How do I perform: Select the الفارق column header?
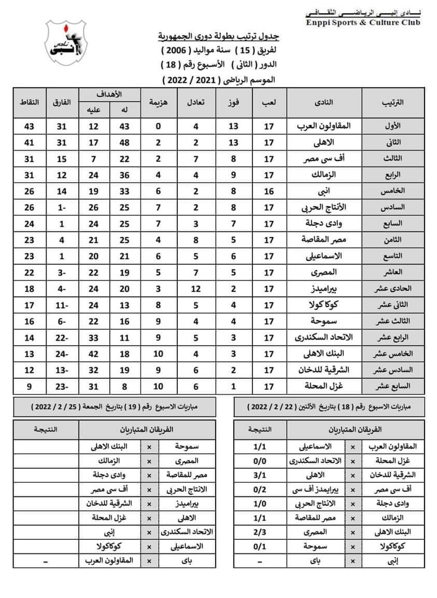tap(62, 102)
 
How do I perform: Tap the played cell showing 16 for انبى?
tap(269, 191)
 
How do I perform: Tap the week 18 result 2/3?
tap(257, 532)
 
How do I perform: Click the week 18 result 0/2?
tap(257, 489)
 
